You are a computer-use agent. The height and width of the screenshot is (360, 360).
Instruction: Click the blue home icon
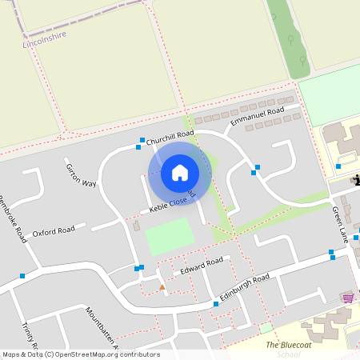[x=180, y=171]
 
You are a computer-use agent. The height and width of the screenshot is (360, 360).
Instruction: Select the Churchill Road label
[x=170, y=137]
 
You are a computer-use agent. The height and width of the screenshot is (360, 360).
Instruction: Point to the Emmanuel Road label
[x=257, y=117]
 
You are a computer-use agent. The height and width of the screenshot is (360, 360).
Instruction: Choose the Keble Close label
[x=169, y=202]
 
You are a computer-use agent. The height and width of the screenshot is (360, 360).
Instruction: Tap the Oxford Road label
[x=54, y=232]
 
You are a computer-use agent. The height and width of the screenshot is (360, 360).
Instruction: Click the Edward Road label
[x=201, y=265]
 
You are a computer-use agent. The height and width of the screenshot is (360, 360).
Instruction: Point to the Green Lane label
[x=341, y=223]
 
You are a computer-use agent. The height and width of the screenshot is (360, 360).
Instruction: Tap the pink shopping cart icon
[x=347, y=298]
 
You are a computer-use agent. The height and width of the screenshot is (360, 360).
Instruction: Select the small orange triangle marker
[x=162, y=286]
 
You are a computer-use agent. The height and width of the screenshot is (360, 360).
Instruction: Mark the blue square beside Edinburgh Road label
[x=216, y=305]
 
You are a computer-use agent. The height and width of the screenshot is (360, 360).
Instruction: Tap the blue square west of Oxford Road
[x=22, y=276]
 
